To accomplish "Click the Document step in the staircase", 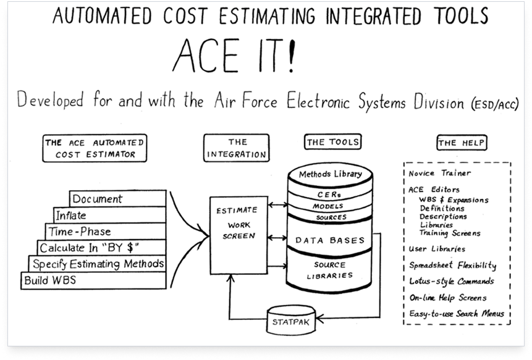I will click(x=117, y=199).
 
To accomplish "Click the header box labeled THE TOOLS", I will click(x=333, y=143).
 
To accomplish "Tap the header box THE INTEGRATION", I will click(x=238, y=148).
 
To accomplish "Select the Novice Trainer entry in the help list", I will click(x=439, y=173).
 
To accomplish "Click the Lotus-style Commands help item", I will click(x=451, y=282).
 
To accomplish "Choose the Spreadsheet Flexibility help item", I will click(x=452, y=266).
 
